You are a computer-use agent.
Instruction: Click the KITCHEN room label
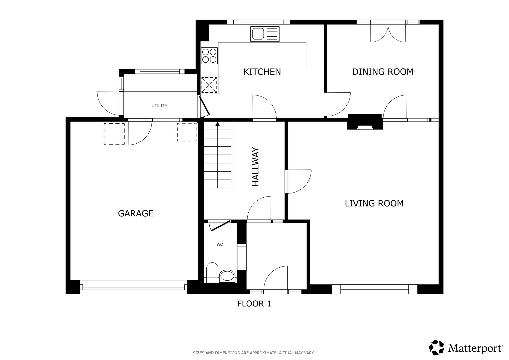(262, 72)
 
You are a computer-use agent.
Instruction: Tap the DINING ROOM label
(383, 72)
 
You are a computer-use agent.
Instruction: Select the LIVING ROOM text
(374, 203)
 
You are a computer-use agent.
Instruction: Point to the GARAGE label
(136, 213)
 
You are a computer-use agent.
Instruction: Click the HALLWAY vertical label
(255, 167)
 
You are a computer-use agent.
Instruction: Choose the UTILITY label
(159, 106)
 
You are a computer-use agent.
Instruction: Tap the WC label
(220, 244)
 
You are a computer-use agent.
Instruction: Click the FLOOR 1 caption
(254, 304)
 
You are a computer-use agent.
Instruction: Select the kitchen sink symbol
(265, 34)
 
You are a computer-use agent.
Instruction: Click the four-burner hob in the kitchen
(209, 56)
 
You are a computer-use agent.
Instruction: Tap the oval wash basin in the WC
(227, 276)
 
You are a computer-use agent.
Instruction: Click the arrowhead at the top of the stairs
(217, 124)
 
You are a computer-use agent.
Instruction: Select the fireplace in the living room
(365, 122)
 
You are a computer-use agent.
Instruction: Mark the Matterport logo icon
(437, 347)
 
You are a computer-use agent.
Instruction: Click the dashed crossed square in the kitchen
(209, 85)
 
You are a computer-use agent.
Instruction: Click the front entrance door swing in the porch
(276, 278)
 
